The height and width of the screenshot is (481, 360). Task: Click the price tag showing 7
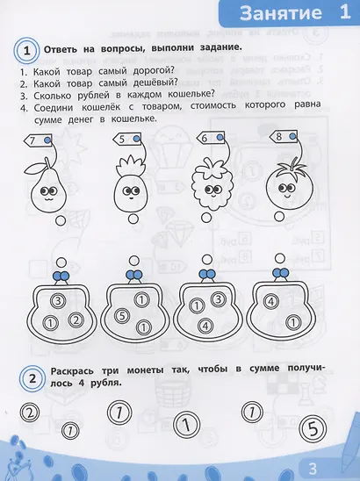(38, 140)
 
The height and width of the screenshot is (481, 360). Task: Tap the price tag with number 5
(126, 140)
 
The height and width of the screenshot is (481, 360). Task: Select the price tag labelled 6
(210, 138)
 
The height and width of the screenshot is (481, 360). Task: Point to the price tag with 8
(284, 136)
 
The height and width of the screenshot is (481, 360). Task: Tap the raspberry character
(212, 183)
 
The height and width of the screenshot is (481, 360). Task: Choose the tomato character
(289, 185)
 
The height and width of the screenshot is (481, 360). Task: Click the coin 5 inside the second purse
(122, 316)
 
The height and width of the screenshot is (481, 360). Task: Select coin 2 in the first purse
(76, 320)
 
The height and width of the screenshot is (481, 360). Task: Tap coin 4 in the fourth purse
(270, 302)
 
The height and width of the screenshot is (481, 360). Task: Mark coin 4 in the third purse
(205, 326)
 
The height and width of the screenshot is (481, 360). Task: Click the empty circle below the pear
(61, 221)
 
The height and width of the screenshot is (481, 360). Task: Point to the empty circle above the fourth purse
(280, 258)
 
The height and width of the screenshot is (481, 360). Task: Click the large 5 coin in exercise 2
(313, 429)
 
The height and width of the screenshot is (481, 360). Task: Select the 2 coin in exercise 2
(30, 413)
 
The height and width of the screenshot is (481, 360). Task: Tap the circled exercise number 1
(26, 50)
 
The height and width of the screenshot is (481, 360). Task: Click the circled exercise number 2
(32, 378)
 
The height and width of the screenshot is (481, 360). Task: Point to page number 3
(313, 469)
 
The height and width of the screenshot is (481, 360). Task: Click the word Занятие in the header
(280, 13)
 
